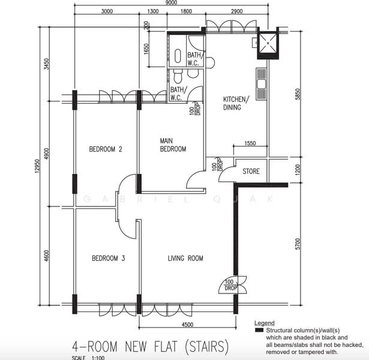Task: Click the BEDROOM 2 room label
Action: (106, 149)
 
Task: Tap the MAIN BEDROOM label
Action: (173, 145)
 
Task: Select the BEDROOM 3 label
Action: (108, 258)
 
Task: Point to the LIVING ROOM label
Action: (185, 258)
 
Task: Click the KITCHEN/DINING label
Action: (236, 103)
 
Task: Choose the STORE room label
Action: (251, 171)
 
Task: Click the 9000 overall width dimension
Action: (171, 2)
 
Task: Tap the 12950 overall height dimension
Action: (37, 166)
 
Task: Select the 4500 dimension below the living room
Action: (187, 325)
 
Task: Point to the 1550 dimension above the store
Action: (250, 143)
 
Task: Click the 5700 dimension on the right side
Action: (298, 244)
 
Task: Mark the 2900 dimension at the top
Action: (237, 11)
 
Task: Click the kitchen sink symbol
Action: (261, 84)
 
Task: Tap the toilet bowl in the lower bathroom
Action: (178, 76)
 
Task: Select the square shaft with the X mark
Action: (268, 43)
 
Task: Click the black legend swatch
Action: (259, 330)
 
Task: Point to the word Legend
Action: (264, 323)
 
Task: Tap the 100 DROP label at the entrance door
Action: (230, 285)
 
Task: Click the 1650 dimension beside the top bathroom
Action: (146, 49)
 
